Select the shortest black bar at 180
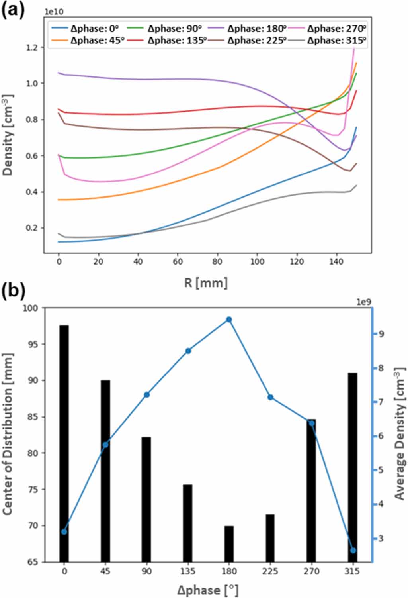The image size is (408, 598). coord(229,544)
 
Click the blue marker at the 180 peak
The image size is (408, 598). coord(229,320)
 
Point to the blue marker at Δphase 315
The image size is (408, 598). coord(353,550)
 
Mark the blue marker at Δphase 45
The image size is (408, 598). coord(105,445)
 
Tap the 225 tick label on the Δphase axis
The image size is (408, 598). coord(270,571)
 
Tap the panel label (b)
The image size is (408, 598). coord(14,292)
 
